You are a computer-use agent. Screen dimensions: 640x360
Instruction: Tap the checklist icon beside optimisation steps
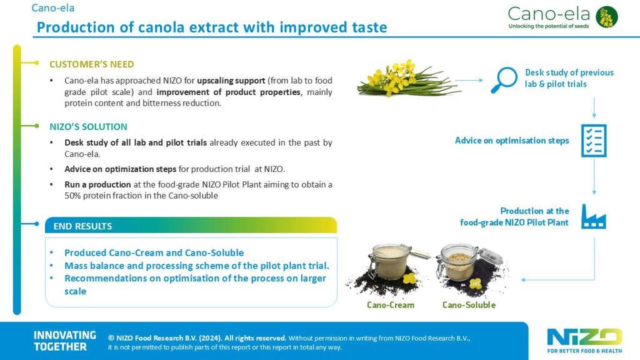click(594, 141)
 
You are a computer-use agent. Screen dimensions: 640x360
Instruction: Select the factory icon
click(594, 217)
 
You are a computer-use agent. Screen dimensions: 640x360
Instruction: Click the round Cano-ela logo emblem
click(606, 17)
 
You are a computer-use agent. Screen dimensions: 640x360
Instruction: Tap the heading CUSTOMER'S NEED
click(91, 64)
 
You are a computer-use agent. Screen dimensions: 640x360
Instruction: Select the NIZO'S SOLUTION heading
click(88, 127)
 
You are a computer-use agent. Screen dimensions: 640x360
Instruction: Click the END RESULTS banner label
click(82, 226)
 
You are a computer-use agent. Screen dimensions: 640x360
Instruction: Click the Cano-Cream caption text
click(391, 305)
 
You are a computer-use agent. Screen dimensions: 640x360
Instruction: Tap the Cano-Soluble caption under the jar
click(469, 305)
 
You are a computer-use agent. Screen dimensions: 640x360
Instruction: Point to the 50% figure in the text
click(73, 196)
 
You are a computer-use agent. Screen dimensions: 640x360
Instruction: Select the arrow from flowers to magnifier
click(469, 81)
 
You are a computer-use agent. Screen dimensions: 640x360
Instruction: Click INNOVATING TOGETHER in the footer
click(65, 341)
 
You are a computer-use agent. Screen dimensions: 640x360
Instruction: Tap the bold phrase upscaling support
click(231, 81)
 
